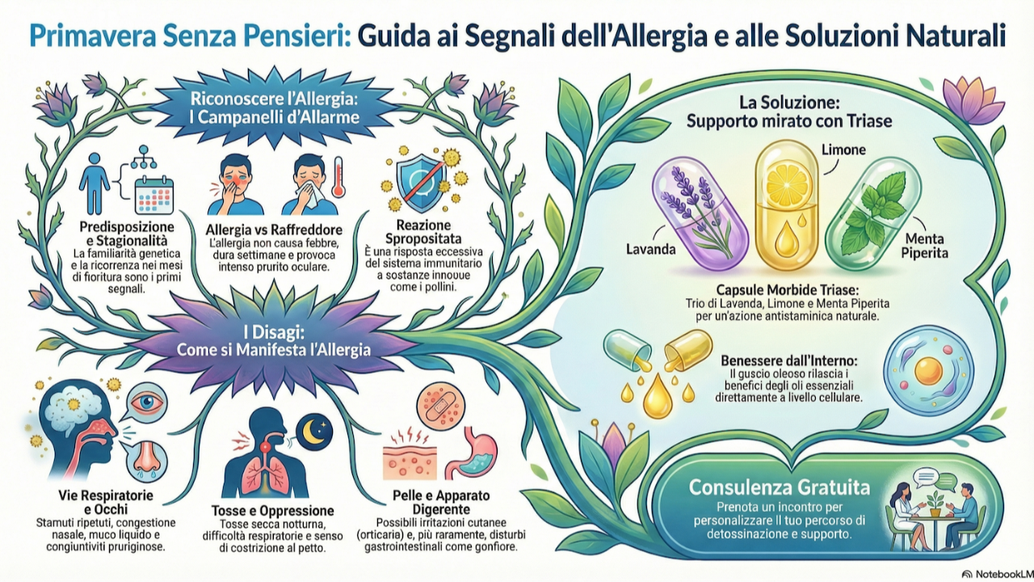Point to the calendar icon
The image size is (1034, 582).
[x=153, y=194]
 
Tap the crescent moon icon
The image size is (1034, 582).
[x=313, y=431]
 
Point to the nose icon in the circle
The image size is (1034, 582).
[x=146, y=456]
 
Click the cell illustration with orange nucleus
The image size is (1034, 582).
[x=928, y=371]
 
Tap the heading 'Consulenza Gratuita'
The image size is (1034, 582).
[x=779, y=487]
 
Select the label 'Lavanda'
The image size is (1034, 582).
[x=650, y=249]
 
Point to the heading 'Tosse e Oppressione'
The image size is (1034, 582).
[x=273, y=511]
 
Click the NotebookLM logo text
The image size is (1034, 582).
[x=998, y=573]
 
